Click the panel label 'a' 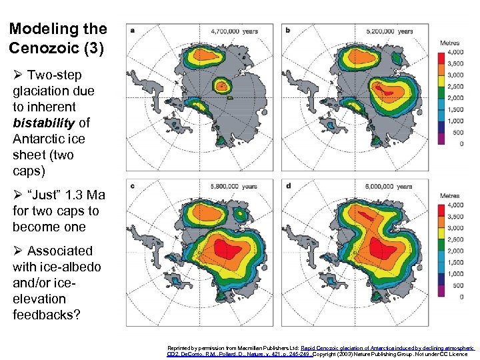pyautogui.click(x=133, y=30)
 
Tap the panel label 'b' pyautogui.click(x=287, y=30)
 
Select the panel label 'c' pyautogui.click(x=133, y=185)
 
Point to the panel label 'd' pyautogui.click(x=287, y=185)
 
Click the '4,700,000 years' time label pyautogui.click(x=234, y=31)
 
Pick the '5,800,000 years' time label pyautogui.click(x=234, y=186)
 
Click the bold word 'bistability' pyautogui.click(x=42, y=123)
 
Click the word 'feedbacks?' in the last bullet pyautogui.click(x=46, y=315)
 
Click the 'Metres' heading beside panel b pyautogui.click(x=450, y=43)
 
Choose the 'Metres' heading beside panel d pyautogui.click(x=450, y=196)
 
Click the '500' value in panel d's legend pyautogui.click(x=459, y=285)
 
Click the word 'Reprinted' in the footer pyautogui.click(x=179, y=348)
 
